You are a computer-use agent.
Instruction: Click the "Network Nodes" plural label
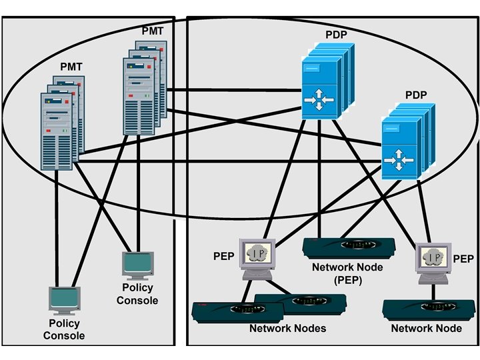287,329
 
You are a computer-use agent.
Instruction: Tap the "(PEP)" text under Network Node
347,281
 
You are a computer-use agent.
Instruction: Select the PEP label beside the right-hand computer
463,259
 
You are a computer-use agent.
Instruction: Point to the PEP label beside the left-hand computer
223,256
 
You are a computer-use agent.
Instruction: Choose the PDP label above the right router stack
415,95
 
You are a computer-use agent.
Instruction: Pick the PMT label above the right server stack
152,31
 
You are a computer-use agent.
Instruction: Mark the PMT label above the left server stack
71,67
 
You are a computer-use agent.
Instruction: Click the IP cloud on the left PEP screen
259,253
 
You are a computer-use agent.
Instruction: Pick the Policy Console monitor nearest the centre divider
139,263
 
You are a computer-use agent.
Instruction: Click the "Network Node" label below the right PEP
426,329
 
